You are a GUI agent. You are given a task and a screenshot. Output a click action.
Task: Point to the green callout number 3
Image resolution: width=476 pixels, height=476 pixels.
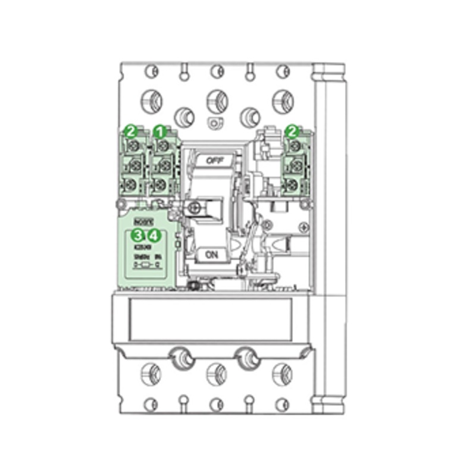click(x=138, y=234)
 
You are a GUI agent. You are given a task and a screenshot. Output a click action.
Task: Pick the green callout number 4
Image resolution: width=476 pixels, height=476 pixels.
click(x=153, y=234)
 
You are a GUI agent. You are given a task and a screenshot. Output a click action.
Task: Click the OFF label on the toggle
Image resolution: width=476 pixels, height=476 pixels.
click(x=212, y=160)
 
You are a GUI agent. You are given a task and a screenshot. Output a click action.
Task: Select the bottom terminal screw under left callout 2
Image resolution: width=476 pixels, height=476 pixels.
click(x=130, y=184)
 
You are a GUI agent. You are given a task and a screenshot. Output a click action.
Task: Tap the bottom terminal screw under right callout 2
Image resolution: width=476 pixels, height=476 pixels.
click(x=291, y=185)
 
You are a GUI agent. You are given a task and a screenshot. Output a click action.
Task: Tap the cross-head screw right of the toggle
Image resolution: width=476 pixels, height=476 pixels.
click(x=304, y=227)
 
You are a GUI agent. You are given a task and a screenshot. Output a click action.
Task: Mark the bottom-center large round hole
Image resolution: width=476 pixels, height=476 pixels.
click(x=215, y=374)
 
